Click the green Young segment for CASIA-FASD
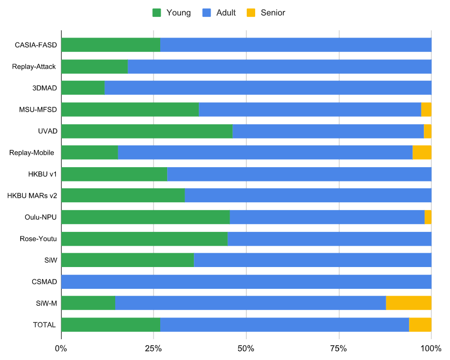pos(110,45)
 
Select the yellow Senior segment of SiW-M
pos(408,303)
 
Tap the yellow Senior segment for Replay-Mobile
pos(422,153)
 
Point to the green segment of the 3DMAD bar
pos(83,88)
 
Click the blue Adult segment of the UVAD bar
pos(328,131)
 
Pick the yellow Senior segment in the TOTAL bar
pos(420,325)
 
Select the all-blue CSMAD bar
pos(246,282)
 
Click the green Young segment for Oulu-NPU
pos(145,217)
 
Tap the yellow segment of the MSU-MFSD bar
pos(426,110)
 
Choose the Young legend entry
pos(172,13)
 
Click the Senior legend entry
pos(267,13)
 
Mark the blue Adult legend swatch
pos(207,13)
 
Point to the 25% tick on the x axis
pos(153,349)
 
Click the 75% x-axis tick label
pos(339,349)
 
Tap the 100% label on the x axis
pos(430,349)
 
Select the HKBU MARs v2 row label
pos(32,196)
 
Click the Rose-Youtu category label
pos(38,239)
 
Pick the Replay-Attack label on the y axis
pos(34,67)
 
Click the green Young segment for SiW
pos(127,260)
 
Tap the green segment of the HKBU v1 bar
pos(114,174)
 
